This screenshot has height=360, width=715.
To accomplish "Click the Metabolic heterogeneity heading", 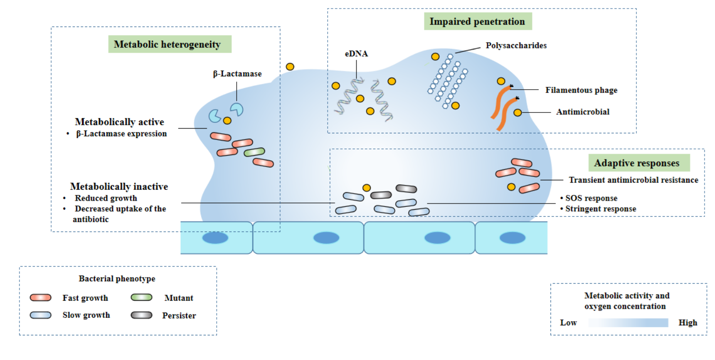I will click(x=167, y=45).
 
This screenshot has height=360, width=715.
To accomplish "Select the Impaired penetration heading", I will click(x=477, y=21).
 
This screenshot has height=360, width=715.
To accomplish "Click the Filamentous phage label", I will click(x=581, y=90).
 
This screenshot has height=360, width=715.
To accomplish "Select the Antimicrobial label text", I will click(x=583, y=112).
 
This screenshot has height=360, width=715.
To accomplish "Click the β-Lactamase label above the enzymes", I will click(x=237, y=74).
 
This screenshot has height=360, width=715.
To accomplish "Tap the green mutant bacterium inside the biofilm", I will click(x=254, y=152).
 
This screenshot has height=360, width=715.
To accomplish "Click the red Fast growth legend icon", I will click(x=40, y=298).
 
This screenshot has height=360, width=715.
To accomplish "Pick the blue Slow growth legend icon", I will click(x=40, y=315).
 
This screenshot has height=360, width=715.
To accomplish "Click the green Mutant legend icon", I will click(x=141, y=298).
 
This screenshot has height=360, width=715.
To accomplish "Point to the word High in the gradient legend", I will click(x=687, y=323).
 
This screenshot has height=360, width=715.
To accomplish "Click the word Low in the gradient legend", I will click(x=568, y=323).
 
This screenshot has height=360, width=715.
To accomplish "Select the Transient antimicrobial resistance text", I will click(x=633, y=180).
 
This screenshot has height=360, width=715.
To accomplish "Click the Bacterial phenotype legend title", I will click(x=117, y=278).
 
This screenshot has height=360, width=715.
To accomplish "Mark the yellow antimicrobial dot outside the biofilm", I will click(x=290, y=66).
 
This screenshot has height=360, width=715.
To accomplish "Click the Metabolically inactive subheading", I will click(x=119, y=186).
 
